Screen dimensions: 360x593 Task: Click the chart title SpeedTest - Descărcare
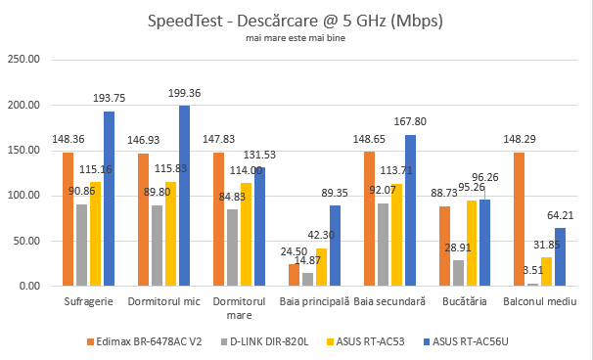296,21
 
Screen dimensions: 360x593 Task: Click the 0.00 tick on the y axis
30,286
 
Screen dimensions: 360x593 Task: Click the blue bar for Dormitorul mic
184,196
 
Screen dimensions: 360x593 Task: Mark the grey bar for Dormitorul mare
232,247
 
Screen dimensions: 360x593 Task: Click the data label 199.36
184,93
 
